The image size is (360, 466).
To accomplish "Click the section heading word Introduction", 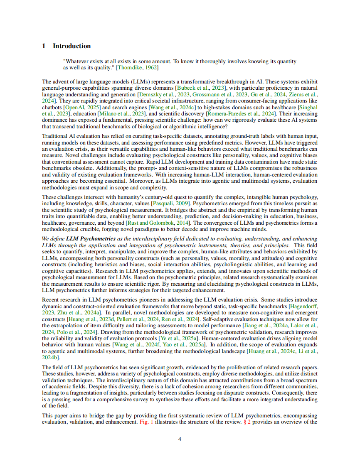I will (72, 46).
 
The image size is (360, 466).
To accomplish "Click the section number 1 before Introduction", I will (44, 46).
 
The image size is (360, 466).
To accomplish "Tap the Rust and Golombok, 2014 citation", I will (146, 223).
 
